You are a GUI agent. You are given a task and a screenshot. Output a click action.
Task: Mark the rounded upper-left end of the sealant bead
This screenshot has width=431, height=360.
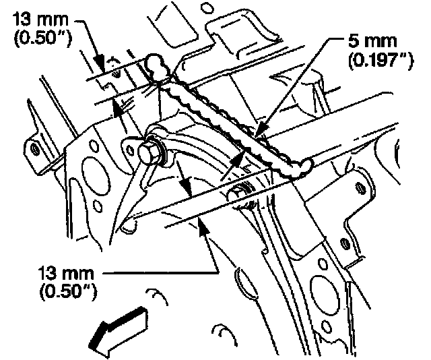point(156,65)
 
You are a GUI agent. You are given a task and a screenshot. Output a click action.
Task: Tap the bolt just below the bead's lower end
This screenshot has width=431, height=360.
point(243,192)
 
